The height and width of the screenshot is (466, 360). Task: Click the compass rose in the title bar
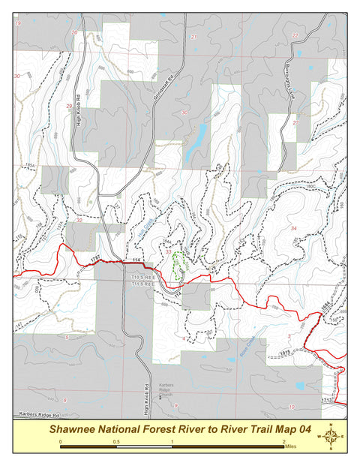[331, 436]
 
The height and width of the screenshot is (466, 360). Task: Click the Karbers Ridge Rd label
[34, 413]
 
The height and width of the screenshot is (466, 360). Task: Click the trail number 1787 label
[95, 258]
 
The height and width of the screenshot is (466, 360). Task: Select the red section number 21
[193, 36]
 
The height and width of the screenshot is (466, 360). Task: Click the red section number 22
[295, 35]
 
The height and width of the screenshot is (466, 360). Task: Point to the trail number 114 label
[136, 260]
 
